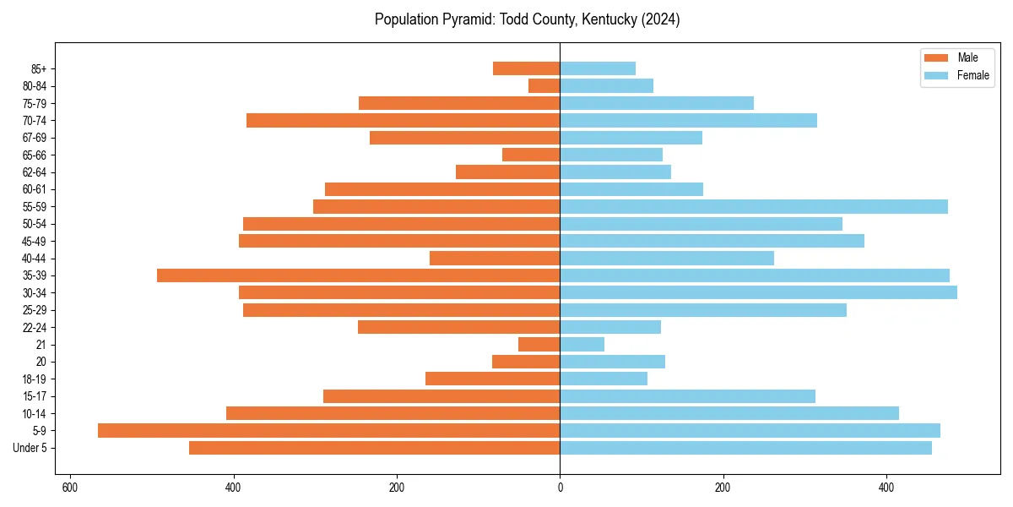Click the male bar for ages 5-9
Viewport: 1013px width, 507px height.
click(x=328, y=431)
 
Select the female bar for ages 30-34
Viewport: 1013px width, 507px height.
click(x=758, y=292)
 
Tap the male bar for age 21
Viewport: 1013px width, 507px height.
click(x=539, y=345)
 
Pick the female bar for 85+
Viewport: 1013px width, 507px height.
click(x=598, y=68)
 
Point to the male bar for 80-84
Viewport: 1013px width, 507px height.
click(x=544, y=86)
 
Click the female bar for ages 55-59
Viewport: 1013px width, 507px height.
click(x=754, y=207)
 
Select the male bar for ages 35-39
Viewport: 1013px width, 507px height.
click(x=358, y=275)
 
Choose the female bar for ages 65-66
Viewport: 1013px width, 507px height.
click(x=611, y=155)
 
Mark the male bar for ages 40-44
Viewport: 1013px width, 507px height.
click(x=495, y=259)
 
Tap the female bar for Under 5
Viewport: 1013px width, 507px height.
click(x=745, y=448)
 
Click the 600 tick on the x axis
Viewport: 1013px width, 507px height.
click(x=70, y=488)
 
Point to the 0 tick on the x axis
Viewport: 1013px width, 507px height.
click(x=560, y=488)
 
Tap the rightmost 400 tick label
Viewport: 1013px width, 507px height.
click(x=886, y=488)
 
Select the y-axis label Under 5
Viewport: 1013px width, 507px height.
click(x=30, y=448)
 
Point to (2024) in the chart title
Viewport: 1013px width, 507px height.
click(x=660, y=19)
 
